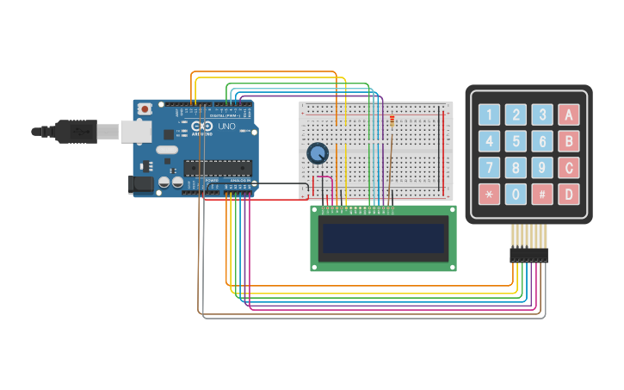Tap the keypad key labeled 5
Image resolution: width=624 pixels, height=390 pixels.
(516, 141)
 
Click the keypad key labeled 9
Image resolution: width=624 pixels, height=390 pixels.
(541, 167)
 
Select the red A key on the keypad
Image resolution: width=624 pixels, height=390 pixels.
(568, 115)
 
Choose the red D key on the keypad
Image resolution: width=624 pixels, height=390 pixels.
(568, 194)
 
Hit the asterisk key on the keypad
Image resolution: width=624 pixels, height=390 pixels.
(489, 194)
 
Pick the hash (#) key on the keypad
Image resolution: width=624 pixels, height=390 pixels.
(541, 194)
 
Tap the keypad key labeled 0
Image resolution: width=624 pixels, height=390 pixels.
(516, 194)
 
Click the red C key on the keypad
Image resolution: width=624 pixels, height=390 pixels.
(568, 167)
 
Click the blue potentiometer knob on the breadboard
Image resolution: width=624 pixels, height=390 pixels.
(318, 153)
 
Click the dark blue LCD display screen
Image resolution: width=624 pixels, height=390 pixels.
(383, 238)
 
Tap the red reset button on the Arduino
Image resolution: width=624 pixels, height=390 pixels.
(145, 109)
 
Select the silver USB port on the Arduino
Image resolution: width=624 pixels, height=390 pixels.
(135, 131)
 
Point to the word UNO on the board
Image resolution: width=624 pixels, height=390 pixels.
(226, 127)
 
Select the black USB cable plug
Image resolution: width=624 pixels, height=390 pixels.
(82, 132)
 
